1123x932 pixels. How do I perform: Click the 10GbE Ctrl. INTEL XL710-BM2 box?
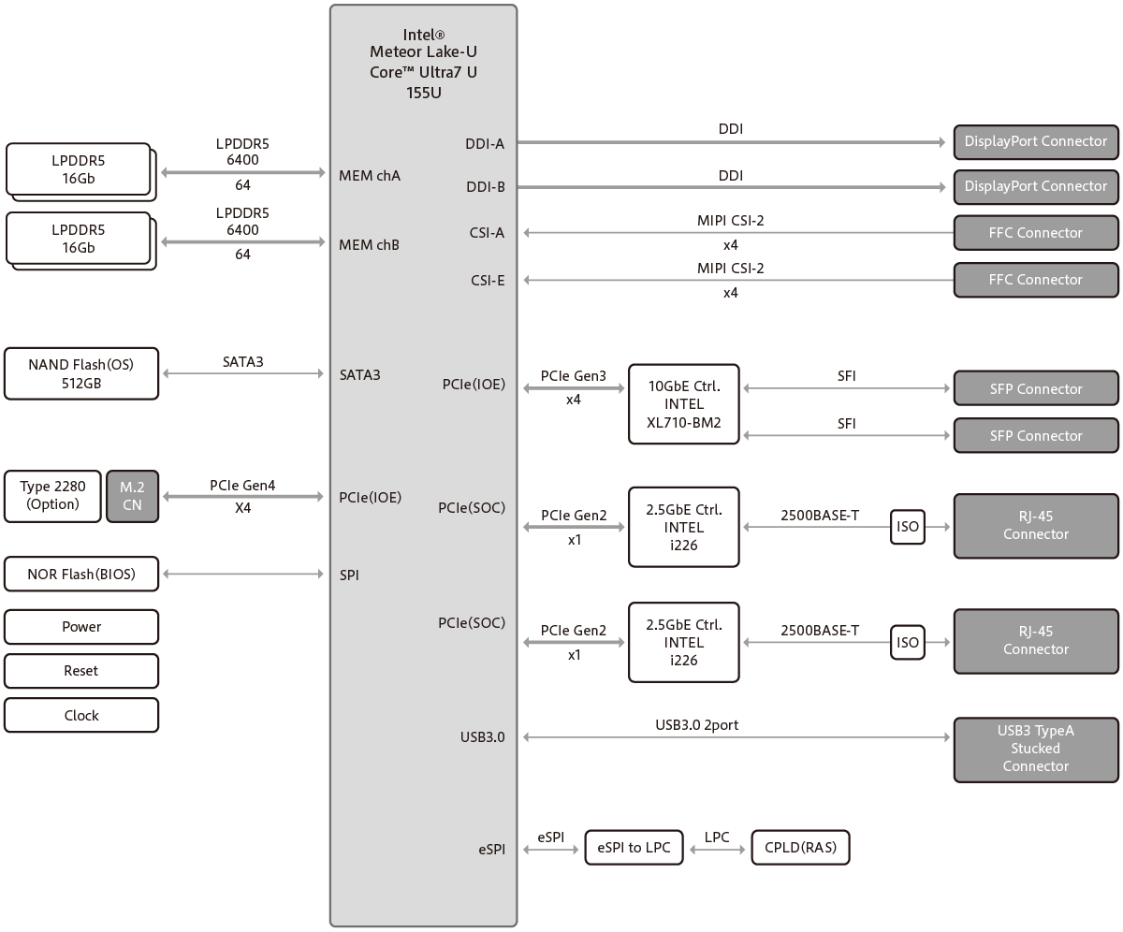(683, 403)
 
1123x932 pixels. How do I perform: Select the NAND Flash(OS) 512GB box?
(80, 373)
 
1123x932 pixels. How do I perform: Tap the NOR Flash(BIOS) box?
(80, 575)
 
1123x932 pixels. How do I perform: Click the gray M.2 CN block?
(132, 495)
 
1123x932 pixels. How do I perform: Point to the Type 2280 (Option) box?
(52, 495)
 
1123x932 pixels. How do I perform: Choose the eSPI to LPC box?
(634, 848)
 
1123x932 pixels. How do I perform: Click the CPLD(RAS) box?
(800, 848)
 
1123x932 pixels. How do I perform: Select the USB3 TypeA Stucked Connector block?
(1035, 749)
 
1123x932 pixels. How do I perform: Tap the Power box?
(80, 627)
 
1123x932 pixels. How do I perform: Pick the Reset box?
(80, 671)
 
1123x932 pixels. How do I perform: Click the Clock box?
(80, 715)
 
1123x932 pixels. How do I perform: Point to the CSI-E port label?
(488, 279)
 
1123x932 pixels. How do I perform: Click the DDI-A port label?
(485, 143)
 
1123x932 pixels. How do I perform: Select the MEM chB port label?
(370, 244)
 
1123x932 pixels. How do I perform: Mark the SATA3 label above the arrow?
(243, 361)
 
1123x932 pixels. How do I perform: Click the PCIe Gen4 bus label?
(242, 486)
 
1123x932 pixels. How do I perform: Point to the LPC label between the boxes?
(717, 837)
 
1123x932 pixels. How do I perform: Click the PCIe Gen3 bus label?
(574, 376)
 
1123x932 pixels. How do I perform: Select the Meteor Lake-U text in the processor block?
(423, 52)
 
